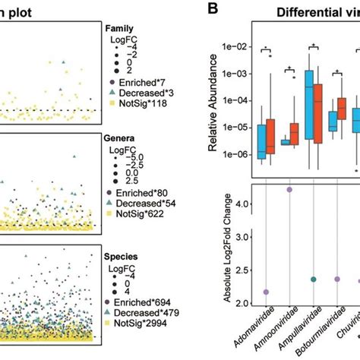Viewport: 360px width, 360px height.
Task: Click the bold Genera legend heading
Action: (x=121, y=141)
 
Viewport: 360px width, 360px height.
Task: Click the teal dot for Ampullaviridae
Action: (x=313, y=279)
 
